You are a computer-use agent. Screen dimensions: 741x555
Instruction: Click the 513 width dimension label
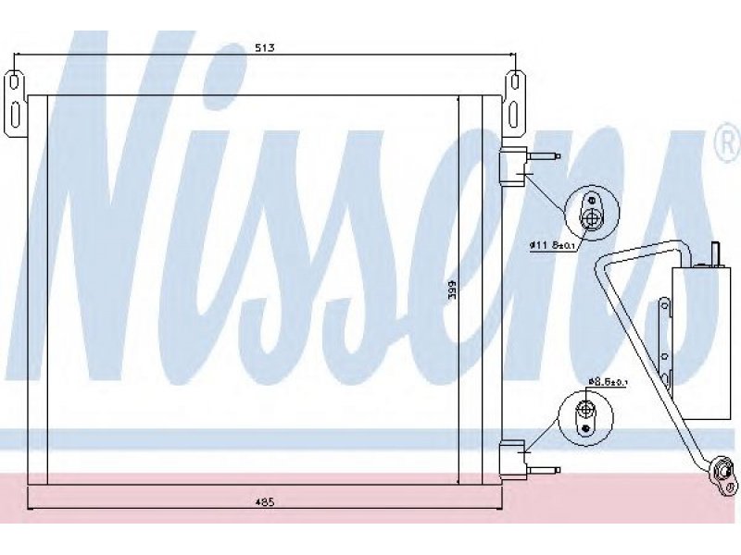tap(265, 48)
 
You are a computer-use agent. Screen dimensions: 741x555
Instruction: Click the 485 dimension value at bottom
tap(265, 502)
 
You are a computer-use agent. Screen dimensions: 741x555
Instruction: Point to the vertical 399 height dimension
tap(451, 290)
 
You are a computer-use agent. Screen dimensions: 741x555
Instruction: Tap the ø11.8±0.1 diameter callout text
tap(551, 245)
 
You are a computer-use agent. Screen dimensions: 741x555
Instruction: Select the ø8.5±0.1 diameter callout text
tap(608, 381)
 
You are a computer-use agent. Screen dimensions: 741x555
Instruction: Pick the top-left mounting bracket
tap(15, 105)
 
